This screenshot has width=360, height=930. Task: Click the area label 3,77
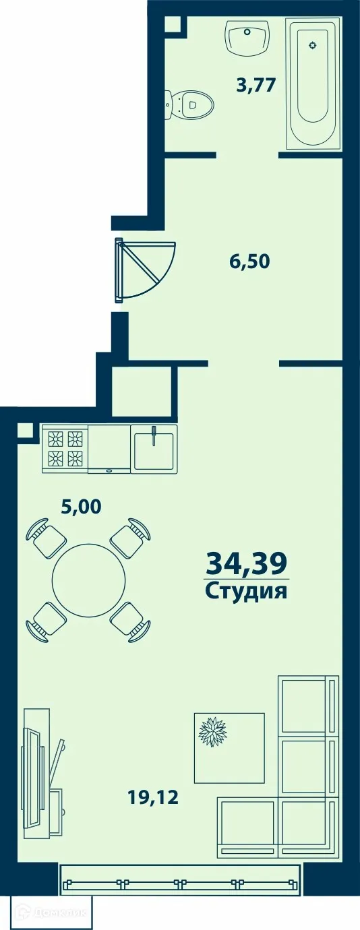257,86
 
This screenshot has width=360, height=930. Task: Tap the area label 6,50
249,261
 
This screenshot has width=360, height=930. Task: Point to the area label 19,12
153,798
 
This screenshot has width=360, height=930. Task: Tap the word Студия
246,592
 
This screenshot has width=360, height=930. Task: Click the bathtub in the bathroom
313,83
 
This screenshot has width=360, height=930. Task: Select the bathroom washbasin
248,37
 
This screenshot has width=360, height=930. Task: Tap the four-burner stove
64,449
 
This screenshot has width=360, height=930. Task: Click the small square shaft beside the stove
25,431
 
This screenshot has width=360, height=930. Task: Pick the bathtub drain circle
312,45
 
